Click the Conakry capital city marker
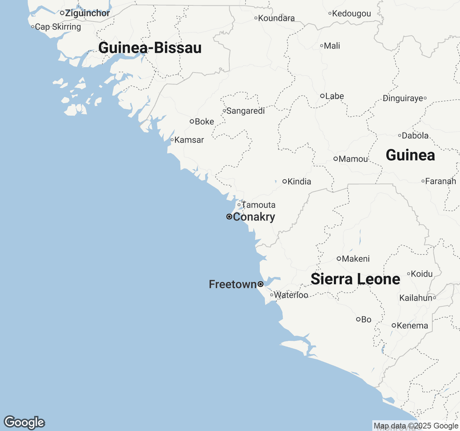[229, 217]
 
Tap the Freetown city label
[233, 284]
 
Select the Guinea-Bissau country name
[150, 48]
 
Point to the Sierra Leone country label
[355, 279]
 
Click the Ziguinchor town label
[87, 13]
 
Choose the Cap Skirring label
[58, 27]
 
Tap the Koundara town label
[276, 18]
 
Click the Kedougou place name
[351, 14]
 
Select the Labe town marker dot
[322, 96]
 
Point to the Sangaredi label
[245, 111]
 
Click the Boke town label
[204, 122]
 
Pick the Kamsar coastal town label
[189, 140]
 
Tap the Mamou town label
[353, 159]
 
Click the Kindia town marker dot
[285, 181]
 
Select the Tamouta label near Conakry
[258, 205]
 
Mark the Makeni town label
[356, 259]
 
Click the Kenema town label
[413, 326]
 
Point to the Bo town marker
[358, 319]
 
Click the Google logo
[24, 422]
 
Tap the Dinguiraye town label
[403, 98]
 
